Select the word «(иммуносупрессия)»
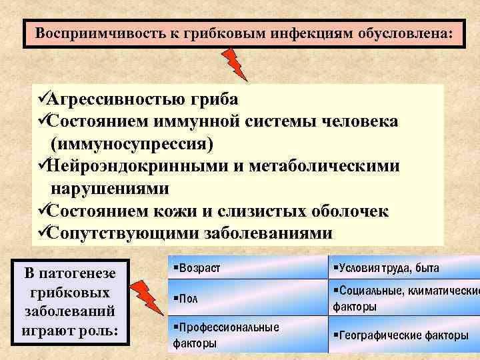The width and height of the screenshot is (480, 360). tap(132, 144)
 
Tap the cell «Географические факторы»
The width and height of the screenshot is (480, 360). tap(402, 335)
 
